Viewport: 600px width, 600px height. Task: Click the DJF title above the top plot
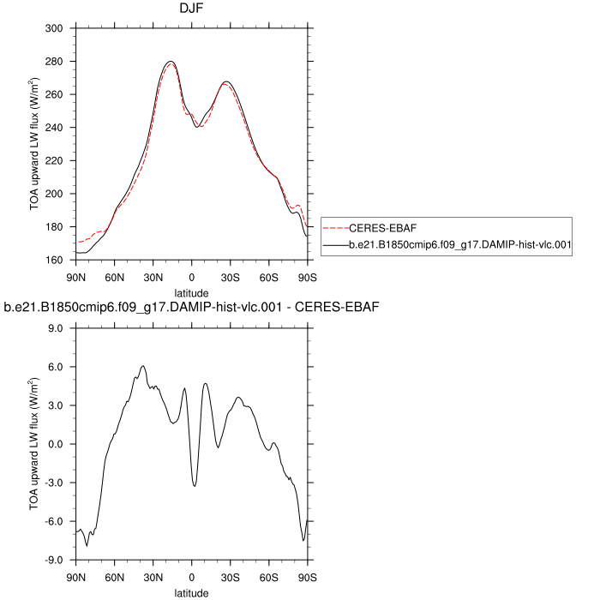[x=191, y=11]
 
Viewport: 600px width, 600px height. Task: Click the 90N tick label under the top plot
[x=76, y=277]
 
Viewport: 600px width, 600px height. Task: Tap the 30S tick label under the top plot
[x=231, y=277]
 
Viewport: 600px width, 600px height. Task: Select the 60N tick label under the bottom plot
[x=115, y=577]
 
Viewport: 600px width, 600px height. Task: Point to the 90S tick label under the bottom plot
[x=308, y=577]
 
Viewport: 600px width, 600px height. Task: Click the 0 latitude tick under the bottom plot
[x=192, y=577]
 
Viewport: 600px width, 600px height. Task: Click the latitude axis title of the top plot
[x=191, y=293]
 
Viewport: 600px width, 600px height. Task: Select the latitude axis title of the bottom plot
[x=191, y=592]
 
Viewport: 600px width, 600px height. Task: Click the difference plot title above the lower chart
[x=192, y=307]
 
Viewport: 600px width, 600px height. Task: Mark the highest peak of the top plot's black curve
[x=171, y=62]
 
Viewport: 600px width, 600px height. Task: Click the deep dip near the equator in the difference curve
[x=195, y=486]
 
